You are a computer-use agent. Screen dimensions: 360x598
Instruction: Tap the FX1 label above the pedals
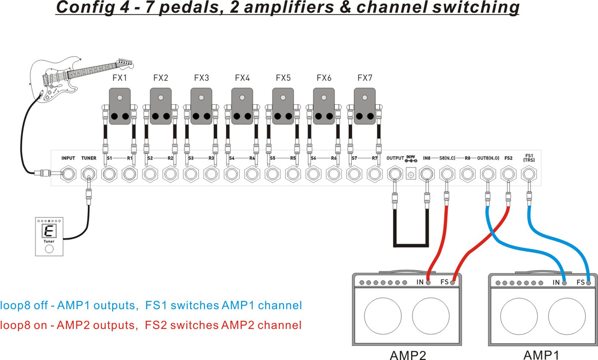(x=120, y=78)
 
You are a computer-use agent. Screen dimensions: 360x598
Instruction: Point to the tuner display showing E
(x=49, y=231)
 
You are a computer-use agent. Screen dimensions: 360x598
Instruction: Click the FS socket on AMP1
(x=589, y=283)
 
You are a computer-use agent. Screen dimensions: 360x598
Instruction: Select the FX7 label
(x=365, y=78)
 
